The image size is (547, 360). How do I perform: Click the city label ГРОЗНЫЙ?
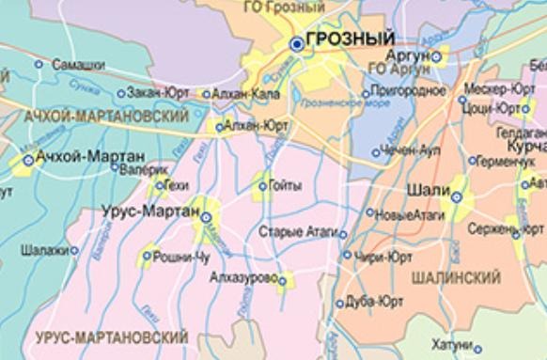click(x=351, y=39)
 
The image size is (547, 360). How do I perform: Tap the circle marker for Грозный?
click(x=297, y=42)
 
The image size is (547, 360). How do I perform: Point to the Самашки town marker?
click(x=39, y=65)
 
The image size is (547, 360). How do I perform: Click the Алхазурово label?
click(x=241, y=279)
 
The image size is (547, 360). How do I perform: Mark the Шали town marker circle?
click(x=457, y=197)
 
